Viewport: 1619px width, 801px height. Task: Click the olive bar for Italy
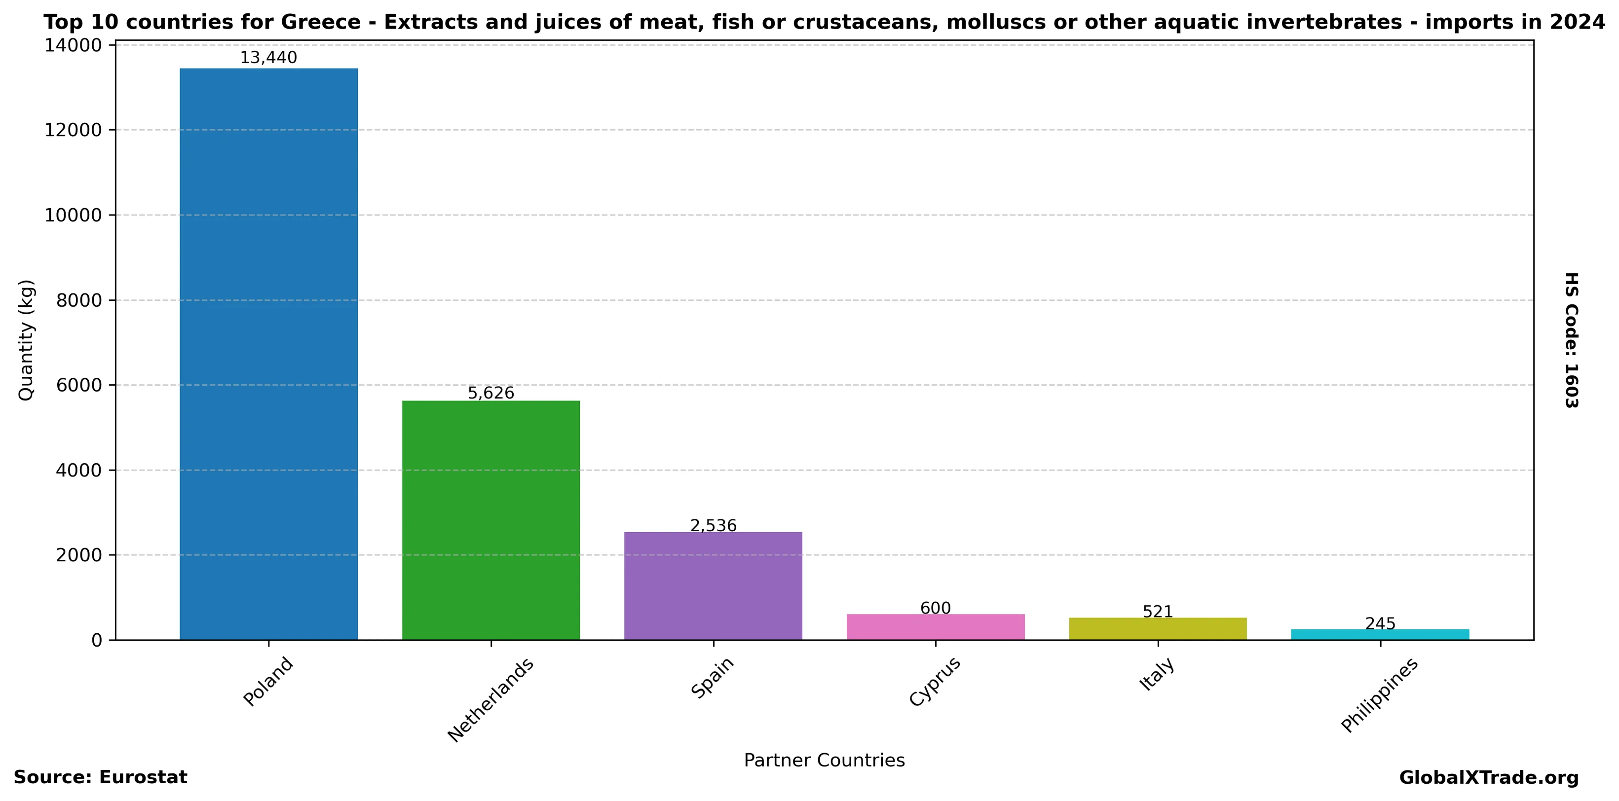[1158, 629]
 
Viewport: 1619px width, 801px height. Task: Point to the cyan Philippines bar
[1380, 634]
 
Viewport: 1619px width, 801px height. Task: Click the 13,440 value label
[268, 58]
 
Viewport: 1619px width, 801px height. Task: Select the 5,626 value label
[491, 393]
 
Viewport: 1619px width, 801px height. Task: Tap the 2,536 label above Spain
[714, 525]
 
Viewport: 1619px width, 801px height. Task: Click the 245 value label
[1380, 624]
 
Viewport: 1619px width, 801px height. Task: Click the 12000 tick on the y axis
[74, 130]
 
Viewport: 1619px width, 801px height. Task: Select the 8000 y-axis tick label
[78, 300]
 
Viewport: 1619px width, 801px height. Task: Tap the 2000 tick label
[78, 555]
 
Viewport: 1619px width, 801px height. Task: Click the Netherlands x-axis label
[491, 699]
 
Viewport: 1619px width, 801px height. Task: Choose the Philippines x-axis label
[1380, 695]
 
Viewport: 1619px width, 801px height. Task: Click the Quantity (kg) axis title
[26, 340]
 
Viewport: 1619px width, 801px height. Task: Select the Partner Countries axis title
[824, 760]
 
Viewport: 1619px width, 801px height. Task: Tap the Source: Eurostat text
[101, 777]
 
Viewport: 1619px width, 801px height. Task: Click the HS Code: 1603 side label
[1571, 340]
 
